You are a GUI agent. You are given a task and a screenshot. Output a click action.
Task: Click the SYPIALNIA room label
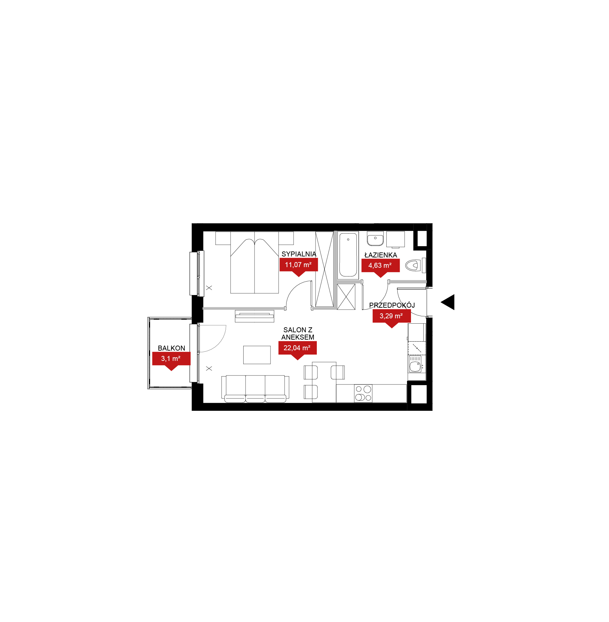point(299,254)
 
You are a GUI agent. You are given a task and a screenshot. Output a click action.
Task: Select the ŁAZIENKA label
point(381,255)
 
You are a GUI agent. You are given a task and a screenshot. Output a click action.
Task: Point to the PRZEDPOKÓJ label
point(392,305)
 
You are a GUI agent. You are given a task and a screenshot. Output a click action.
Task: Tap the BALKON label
point(171,348)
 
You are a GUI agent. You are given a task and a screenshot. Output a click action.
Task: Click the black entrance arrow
point(448,302)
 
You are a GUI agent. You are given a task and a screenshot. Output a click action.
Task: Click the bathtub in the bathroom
point(348,255)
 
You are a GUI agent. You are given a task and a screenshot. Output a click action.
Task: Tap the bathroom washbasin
point(375,238)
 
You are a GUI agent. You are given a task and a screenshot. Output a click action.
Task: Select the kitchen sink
point(415,364)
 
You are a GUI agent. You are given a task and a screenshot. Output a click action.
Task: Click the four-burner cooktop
point(363,393)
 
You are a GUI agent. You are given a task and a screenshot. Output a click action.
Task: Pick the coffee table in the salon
point(257,355)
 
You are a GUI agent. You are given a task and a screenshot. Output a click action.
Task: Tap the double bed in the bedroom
point(255,262)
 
